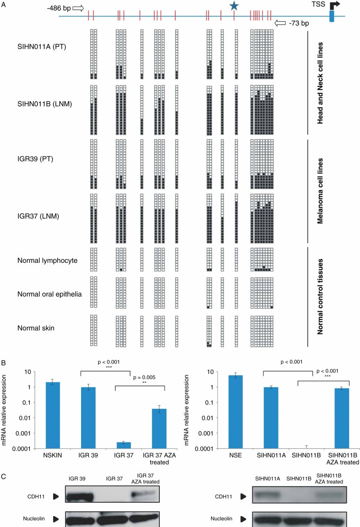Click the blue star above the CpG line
[x=233, y=6]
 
